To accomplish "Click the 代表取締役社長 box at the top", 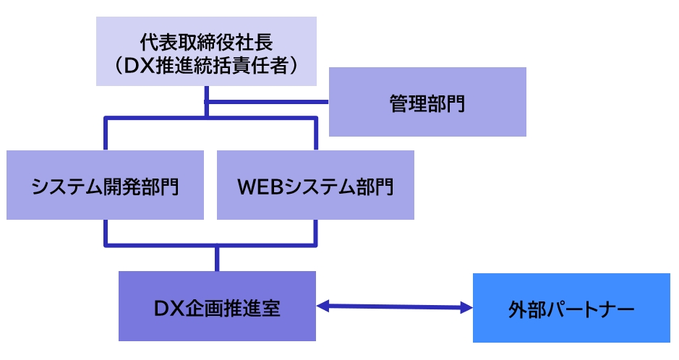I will point(206,51).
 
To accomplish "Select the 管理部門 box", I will point(427,102).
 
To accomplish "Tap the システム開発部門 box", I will point(106,185).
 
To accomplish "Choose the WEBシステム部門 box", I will point(315,185).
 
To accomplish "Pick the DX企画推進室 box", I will point(217,306).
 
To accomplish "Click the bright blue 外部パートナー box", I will point(571,308).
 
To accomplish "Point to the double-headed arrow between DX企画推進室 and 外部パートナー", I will point(394,307).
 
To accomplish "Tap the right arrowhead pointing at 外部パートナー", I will point(464,308).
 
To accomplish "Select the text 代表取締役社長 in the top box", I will point(206,39).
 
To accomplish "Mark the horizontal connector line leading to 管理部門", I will point(268,102).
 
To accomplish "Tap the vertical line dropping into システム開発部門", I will point(106,133).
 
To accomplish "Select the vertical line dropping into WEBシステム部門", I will point(315,133).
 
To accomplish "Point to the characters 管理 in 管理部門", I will point(409,103).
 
